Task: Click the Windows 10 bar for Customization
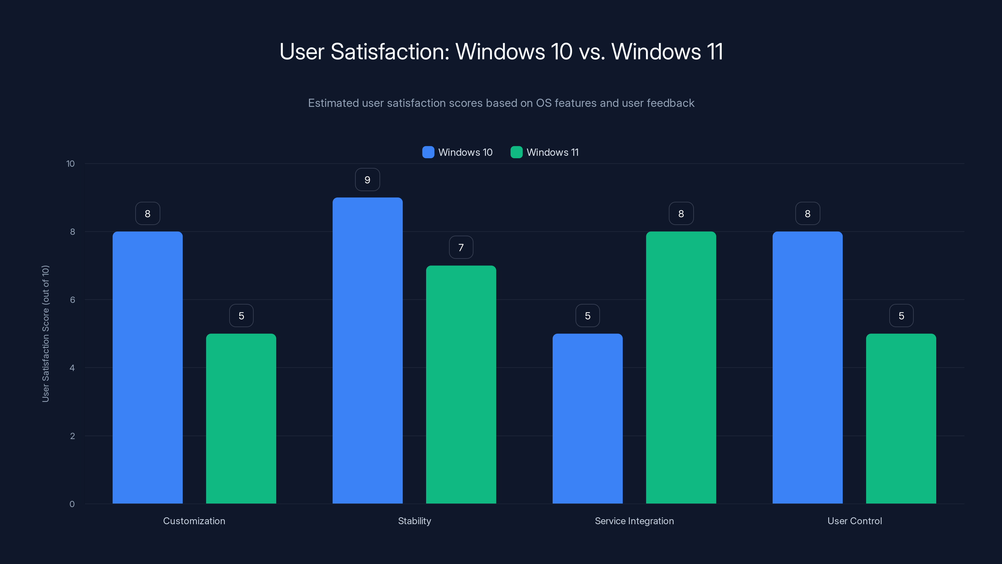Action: coord(147,368)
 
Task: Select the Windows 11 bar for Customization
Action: coord(241,418)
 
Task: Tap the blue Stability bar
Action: coord(367,350)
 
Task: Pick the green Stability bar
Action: coord(461,384)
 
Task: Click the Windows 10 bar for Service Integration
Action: coord(587,418)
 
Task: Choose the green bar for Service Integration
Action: coord(681,368)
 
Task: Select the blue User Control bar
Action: coord(808,368)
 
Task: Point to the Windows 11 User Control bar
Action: coord(901,418)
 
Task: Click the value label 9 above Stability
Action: coord(367,180)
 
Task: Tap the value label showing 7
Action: coord(461,248)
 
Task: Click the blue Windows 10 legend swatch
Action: coord(428,152)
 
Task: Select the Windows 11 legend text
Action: coord(552,152)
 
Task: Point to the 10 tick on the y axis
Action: coord(70,164)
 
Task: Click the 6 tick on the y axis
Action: coord(72,300)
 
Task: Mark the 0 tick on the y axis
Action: coord(72,504)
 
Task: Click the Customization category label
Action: coord(194,521)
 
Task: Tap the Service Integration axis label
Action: coord(634,521)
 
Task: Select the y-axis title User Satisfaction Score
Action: coord(45,334)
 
